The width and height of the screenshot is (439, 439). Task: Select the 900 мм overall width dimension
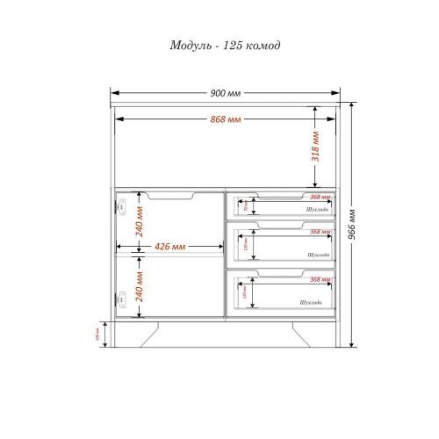point(225,92)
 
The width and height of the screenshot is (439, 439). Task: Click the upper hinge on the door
point(122,205)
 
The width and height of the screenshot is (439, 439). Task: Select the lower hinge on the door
point(122,299)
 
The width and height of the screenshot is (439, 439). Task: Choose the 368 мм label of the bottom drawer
point(320,278)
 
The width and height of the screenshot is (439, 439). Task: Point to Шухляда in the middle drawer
point(318,255)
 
